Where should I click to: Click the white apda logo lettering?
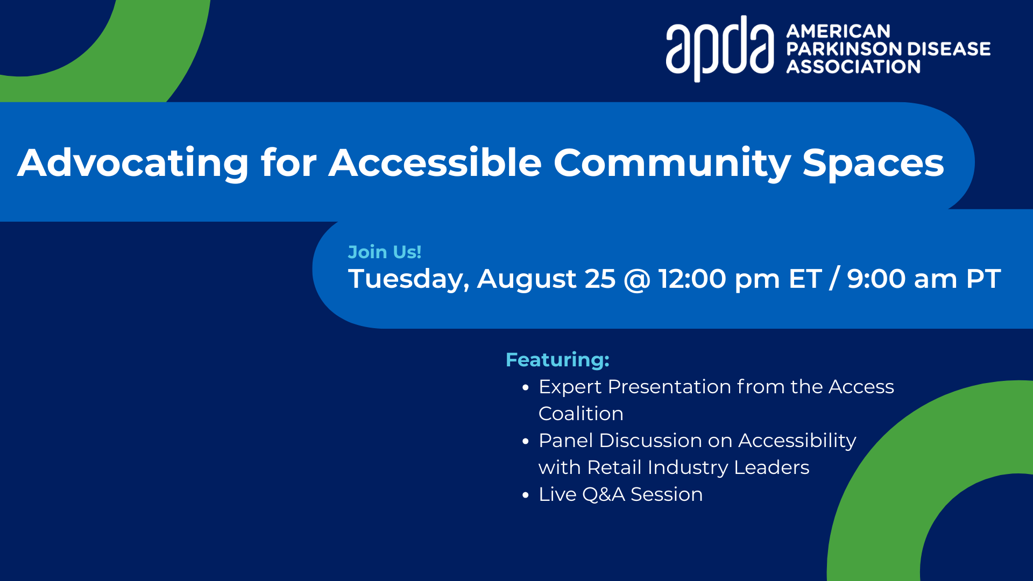click(720, 48)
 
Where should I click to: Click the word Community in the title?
click(672, 163)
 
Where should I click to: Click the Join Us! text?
click(385, 252)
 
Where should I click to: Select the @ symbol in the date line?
click(637, 280)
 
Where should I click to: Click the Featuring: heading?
click(557, 360)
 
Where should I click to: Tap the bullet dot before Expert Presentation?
click(526, 387)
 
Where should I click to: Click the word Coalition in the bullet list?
click(581, 414)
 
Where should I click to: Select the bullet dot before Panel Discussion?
click(526, 441)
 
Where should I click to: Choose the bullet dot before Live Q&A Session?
click(526, 495)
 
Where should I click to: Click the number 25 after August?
click(600, 279)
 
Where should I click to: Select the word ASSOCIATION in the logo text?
click(853, 67)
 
